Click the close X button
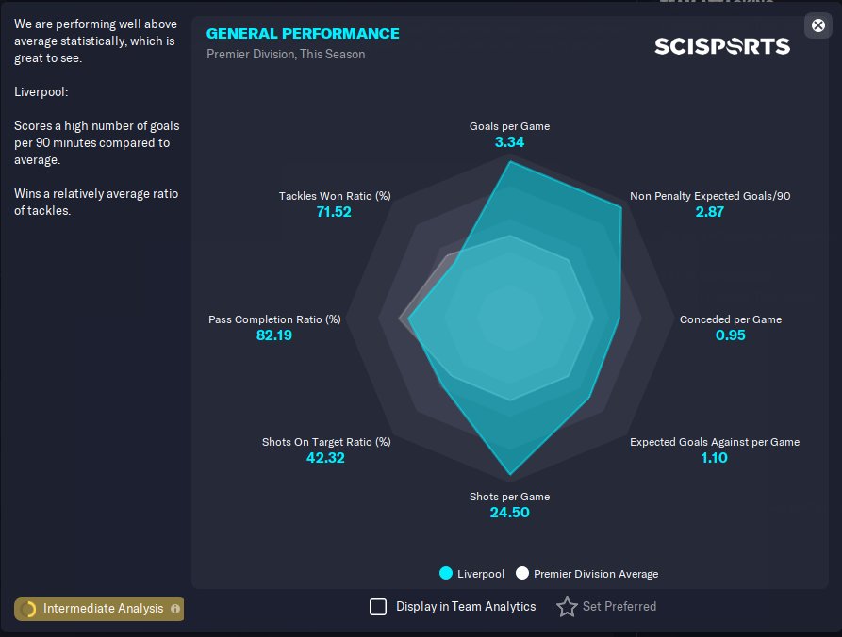tap(817, 25)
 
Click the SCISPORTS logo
tap(722, 45)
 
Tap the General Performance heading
tap(303, 33)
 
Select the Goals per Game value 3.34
tap(509, 142)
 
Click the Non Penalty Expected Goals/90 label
tap(710, 196)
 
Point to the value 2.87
tap(709, 212)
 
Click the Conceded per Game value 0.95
tap(730, 335)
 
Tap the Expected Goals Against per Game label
tap(714, 442)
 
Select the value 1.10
tap(714, 458)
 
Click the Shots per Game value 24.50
tap(509, 513)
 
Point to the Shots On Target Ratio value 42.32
tap(326, 458)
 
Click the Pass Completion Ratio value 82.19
tap(274, 335)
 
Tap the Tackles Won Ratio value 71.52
tap(334, 212)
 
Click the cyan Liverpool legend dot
tap(446, 573)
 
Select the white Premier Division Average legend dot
tap(522, 573)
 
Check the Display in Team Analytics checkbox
tap(378, 607)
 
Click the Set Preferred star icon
tap(567, 607)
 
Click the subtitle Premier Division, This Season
tap(286, 54)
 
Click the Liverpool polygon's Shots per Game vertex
tap(510, 474)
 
